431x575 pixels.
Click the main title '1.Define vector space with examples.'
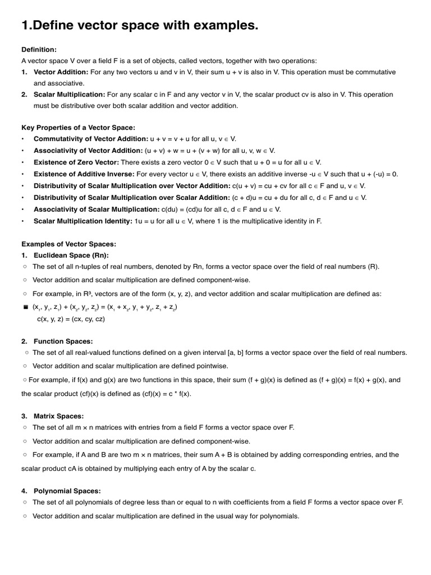pos(140,25)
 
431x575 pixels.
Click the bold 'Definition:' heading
pos(39,50)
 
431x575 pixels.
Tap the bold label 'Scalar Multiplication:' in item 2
pos(70,95)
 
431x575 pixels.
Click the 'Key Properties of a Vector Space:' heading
pos(78,127)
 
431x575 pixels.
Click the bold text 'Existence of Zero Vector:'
pos(76,162)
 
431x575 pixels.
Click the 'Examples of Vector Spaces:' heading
pos(68,244)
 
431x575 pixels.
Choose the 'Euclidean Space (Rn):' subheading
pos(71,255)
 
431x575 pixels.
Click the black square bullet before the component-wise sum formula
pos(26,308)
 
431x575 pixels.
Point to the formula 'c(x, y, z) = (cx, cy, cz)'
pos(71,319)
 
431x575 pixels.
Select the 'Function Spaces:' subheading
pos(63,341)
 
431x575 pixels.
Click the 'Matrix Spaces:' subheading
pos(59,416)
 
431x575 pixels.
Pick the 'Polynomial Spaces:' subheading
pos(67,491)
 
